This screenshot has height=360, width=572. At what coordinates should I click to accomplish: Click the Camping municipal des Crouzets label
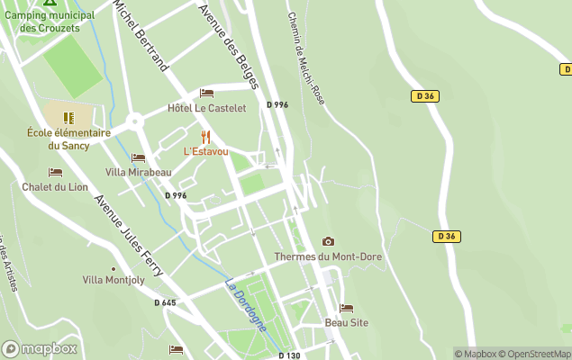click(50, 22)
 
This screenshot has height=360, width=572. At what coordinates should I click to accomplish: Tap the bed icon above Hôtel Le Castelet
click(206, 94)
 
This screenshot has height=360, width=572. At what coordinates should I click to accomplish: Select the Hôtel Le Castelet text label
click(206, 108)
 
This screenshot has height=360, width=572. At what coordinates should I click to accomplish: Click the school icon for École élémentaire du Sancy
click(68, 117)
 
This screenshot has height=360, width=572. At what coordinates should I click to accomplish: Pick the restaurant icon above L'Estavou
click(206, 137)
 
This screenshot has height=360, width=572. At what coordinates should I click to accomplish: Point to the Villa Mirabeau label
click(138, 172)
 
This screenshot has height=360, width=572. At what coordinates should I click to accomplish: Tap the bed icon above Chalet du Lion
click(55, 173)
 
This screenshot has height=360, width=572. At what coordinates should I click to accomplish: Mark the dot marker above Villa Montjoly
click(113, 268)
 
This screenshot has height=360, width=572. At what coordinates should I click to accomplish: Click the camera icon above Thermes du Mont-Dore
click(328, 241)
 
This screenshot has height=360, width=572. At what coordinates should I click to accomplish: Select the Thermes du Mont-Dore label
click(328, 256)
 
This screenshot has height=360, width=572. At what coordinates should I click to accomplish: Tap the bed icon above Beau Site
click(346, 308)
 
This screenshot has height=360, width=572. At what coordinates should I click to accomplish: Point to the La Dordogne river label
click(246, 307)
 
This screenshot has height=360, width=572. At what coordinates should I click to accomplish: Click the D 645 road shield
click(165, 302)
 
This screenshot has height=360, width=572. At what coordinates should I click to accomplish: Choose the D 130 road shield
click(288, 355)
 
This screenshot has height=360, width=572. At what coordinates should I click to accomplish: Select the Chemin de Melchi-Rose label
click(305, 57)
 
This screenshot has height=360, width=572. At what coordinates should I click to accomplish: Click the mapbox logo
click(40, 348)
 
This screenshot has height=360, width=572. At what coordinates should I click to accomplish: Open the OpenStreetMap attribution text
click(537, 354)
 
